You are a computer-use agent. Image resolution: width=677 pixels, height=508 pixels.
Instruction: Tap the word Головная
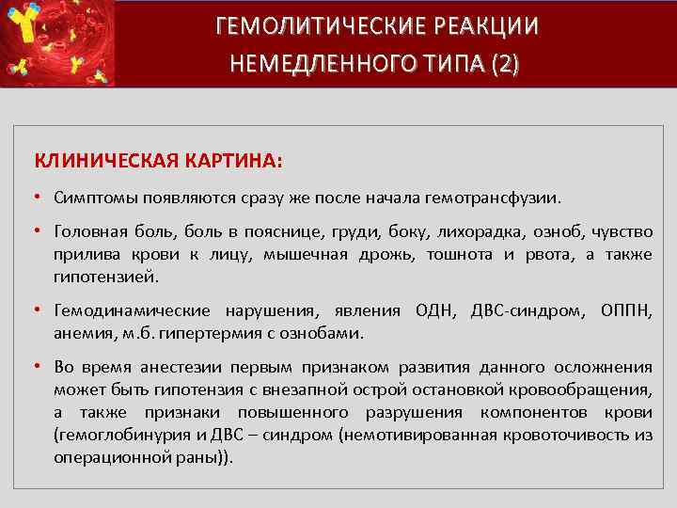click(90, 232)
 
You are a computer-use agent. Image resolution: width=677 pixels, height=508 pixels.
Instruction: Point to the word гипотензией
click(106, 278)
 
